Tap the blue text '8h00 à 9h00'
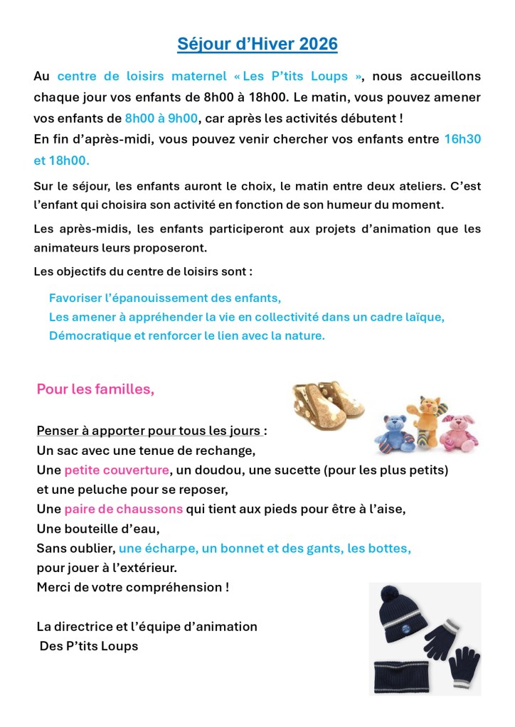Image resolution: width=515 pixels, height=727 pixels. pyautogui.click(x=161, y=118)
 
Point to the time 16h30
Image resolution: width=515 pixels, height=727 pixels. pyautogui.click(x=462, y=139)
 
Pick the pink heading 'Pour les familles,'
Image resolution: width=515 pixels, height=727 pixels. pyautogui.click(x=95, y=389)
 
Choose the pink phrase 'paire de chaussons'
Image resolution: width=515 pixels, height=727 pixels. pyautogui.click(x=123, y=510)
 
